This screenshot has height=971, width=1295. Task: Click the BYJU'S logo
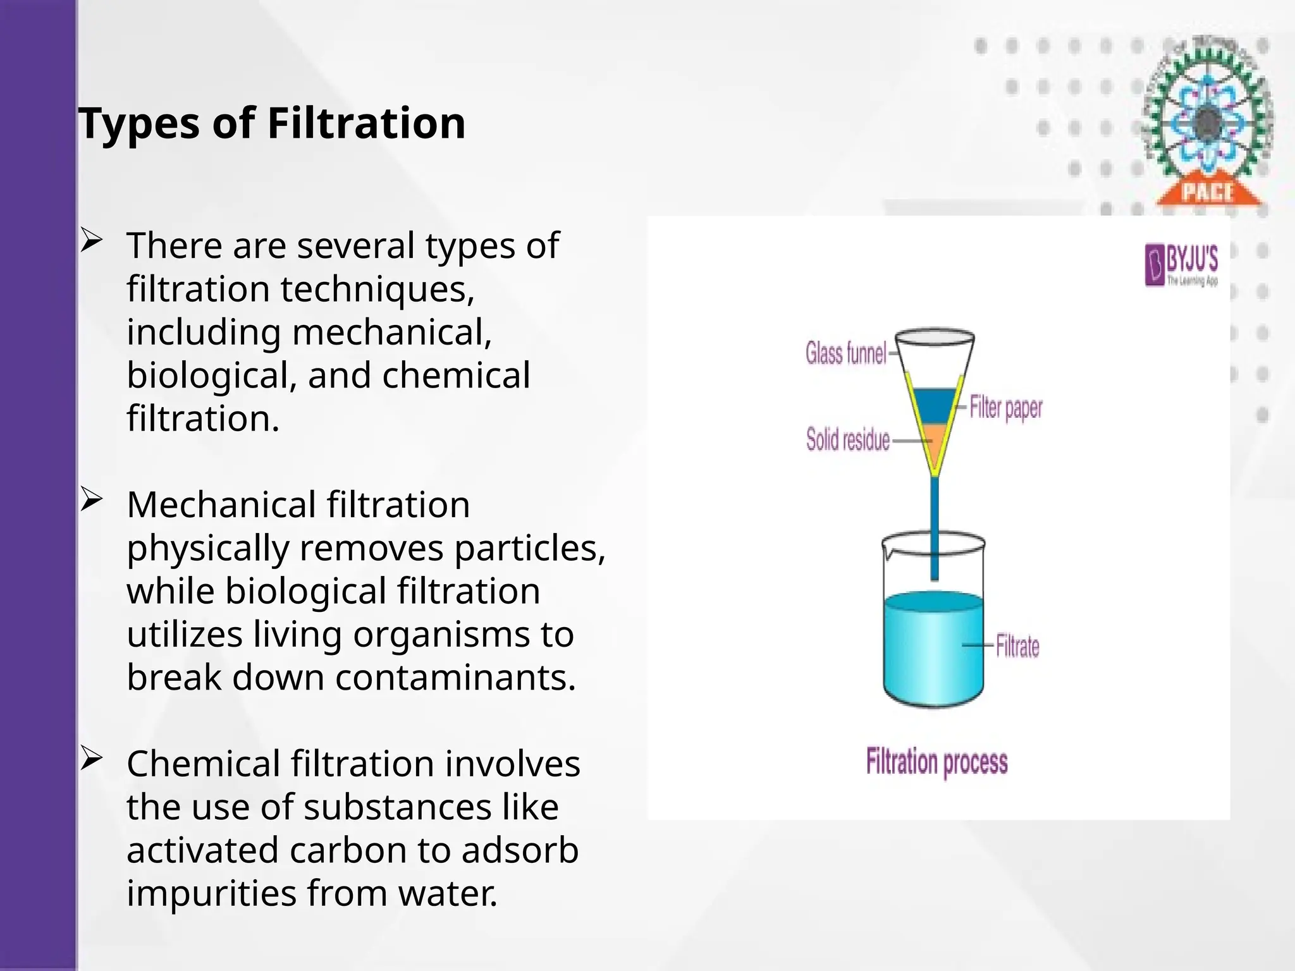(x=1181, y=266)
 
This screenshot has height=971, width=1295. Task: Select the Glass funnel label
(x=845, y=353)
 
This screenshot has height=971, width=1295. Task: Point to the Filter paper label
(x=1006, y=408)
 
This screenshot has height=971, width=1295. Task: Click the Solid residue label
(x=847, y=439)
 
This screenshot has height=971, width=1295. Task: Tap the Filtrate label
(x=1017, y=646)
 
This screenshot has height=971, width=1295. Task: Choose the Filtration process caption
(x=936, y=762)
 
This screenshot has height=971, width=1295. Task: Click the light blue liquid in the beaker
(x=933, y=651)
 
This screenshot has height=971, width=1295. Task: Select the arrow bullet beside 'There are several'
(x=91, y=242)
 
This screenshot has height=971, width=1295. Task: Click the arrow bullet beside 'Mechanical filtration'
(x=91, y=501)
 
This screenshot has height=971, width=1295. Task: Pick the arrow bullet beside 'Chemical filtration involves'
(x=91, y=760)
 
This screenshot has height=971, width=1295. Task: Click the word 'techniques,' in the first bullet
(x=377, y=289)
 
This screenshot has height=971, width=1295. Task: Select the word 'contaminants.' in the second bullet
(x=455, y=678)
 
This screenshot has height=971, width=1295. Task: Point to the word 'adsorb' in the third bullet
(x=520, y=850)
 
